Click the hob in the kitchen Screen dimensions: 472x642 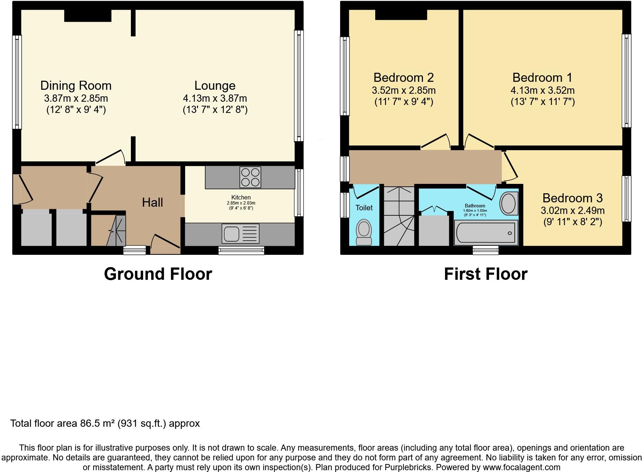(250, 177)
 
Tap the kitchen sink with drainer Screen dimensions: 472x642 (241, 234)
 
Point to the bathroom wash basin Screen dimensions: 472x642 (508, 203)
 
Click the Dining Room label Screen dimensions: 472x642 (76, 86)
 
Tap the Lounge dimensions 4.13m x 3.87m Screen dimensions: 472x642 (215, 98)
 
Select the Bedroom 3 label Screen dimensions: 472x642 (572, 198)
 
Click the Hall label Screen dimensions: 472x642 (152, 202)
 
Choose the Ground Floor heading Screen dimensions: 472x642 (158, 274)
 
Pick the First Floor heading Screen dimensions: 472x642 (485, 274)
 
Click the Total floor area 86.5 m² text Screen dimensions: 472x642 (105, 423)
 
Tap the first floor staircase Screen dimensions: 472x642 (399, 216)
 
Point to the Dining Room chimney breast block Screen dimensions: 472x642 (87, 16)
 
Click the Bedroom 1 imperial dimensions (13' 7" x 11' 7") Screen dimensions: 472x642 (542, 102)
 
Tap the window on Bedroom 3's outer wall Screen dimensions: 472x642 (626, 198)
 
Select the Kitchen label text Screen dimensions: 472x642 (241, 197)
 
